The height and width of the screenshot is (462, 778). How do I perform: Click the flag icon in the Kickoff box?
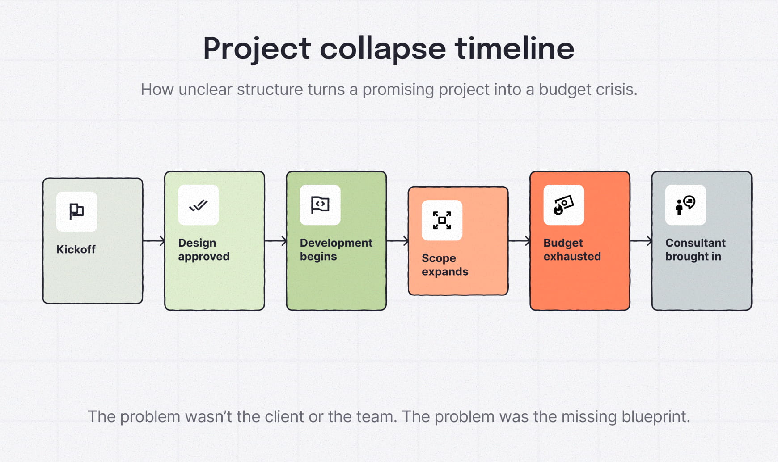tap(76, 211)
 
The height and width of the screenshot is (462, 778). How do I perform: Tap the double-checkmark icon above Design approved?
tap(198, 205)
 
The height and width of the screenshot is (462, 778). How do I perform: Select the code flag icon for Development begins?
tap(320, 205)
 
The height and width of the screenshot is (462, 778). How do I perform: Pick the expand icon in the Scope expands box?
tap(442, 220)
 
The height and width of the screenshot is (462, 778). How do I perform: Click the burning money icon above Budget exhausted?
tap(563, 205)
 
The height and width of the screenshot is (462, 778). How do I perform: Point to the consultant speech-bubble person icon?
tap(685, 205)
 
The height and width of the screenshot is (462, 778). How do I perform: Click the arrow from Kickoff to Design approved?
tap(154, 241)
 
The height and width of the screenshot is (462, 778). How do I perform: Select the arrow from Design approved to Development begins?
tap(275, 241)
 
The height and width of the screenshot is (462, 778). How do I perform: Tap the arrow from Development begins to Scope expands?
tap(397, 241)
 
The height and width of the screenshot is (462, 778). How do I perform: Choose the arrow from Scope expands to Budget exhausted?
tap(519, 241)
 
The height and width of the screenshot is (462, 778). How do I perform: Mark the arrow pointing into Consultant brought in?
tap(641, 241)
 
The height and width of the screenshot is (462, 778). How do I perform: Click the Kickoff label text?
tap(76, 249)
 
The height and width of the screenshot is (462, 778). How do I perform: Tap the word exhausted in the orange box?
tap(572, 257)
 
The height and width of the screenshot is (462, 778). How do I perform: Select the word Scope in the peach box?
tap(439, 258)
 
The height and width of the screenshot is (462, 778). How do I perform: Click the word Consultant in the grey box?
tap(695, 243)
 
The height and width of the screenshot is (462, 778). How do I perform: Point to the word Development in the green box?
tap(336, 243)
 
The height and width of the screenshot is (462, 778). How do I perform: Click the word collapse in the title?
tap(383, 48)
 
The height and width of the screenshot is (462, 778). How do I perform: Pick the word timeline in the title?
tap(515, 48)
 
